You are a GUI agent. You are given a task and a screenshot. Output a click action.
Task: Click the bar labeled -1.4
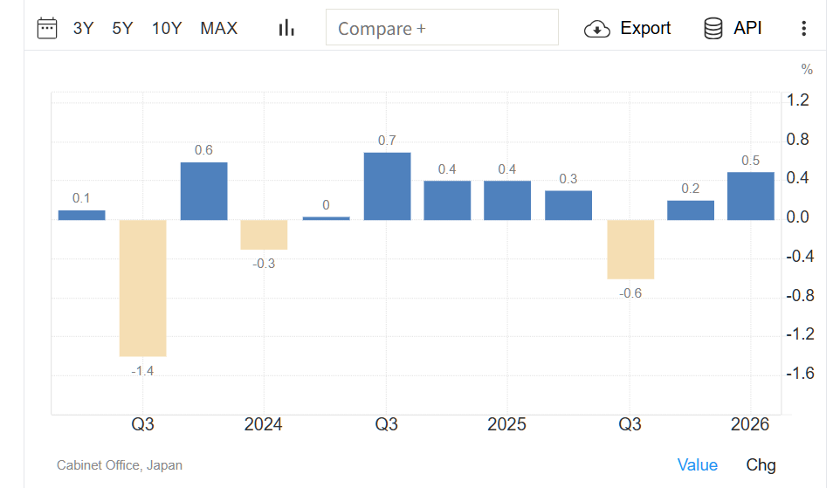[142, 288]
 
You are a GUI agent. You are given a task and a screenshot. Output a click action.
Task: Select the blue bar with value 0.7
[388, 187]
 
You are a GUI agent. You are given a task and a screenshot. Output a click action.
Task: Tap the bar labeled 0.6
[203, 191]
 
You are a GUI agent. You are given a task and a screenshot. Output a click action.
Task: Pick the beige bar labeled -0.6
[630, 250]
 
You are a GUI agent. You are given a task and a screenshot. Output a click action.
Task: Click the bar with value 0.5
[751, 196]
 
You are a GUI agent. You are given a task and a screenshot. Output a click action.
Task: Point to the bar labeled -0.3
[264, 235]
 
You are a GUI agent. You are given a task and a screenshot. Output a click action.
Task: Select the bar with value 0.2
[691, 210]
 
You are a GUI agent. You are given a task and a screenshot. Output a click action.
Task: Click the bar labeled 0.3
[568, 206]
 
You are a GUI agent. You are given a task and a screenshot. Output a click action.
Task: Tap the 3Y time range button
[83, 28]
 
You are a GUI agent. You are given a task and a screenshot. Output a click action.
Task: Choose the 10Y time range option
[167, 28]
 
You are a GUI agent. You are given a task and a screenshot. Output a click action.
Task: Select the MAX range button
[218, 28]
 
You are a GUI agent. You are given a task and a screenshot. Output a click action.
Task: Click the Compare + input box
[442, 27]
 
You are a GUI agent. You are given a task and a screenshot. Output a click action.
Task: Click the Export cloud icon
[596, 29]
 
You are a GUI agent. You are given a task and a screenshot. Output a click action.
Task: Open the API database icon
[713, 29]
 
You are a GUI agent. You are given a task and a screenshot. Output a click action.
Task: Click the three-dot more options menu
[803, 29]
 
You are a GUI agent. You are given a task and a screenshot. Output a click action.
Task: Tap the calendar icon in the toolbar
[47, 29]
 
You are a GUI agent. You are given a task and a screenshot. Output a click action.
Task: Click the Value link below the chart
[697, 465]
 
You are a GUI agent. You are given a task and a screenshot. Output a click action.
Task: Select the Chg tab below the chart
[761, 465]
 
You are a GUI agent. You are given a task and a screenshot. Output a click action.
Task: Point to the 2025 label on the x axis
[506, 424]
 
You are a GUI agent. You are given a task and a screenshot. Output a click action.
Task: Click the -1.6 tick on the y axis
[800, 373]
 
